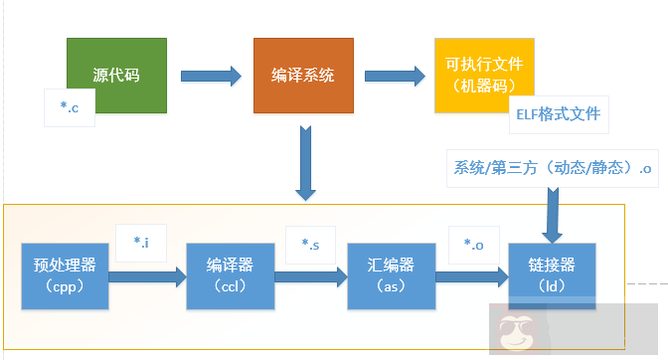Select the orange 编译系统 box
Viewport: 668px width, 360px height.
302,76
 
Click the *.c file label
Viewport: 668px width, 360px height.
69,107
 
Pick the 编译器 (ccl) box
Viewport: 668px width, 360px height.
230,273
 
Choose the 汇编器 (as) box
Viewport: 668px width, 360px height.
393,273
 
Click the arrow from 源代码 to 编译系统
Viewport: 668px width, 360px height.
212,75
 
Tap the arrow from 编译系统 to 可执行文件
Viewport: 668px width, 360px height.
394,76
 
